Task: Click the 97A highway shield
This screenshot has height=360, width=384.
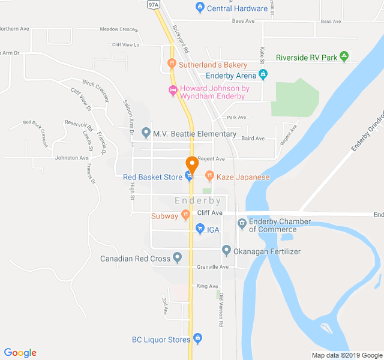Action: [x=154, y=5]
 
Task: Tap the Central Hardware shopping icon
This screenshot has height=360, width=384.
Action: [x=200, y=8]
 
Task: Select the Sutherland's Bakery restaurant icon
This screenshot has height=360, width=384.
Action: [x=172, y=64]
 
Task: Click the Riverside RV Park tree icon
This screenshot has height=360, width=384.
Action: [x=344, y=58]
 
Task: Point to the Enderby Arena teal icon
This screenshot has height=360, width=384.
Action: [x=262, y=75]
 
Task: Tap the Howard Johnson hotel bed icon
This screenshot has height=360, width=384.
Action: [x=173, y=92]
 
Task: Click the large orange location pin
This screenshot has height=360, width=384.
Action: [x=192, y=163]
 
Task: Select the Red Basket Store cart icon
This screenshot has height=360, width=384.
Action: [x=189, y=176]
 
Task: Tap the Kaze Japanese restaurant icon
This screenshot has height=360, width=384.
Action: [x=209, y=176]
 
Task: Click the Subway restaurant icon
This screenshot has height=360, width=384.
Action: [x=185, y=215]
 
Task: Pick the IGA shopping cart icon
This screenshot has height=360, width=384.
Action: [x=200, y=229]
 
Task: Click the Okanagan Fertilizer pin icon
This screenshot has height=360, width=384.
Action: [x=226, y=250]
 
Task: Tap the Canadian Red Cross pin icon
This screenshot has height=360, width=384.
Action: [x=177, y=259]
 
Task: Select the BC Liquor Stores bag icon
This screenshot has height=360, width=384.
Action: [x=198, y=339]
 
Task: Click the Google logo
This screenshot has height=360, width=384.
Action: [x=20, y=353]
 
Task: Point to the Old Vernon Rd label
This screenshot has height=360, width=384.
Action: [x=221, y=310]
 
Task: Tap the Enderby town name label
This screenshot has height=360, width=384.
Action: [x=198, y=201]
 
